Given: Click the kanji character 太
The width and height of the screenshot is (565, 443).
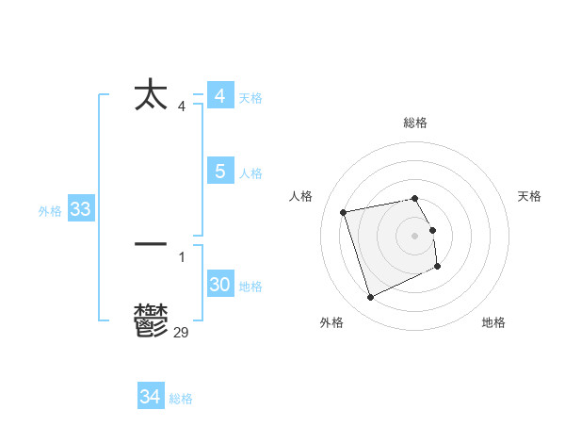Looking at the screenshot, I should point(151,96).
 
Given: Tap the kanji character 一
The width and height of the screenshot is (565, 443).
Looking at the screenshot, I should point(151,243).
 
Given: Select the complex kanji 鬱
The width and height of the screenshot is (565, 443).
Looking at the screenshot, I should point(151,320).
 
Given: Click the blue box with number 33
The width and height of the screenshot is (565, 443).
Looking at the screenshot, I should point(80,209).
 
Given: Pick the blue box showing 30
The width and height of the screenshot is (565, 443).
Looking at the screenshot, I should point(219,285).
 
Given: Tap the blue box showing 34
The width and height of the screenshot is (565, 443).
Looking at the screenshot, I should point(150,397).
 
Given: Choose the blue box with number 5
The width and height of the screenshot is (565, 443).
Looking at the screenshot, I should point(219,172).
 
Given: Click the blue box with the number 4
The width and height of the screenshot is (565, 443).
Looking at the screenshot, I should point(219,96).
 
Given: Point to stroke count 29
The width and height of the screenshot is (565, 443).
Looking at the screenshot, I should point(182,332).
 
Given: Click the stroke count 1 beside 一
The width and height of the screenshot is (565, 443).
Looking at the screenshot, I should point(182,256).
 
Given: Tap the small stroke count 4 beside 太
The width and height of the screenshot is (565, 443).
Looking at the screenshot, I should point(182,106).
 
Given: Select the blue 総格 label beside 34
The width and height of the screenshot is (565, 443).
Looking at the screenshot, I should point(181,399).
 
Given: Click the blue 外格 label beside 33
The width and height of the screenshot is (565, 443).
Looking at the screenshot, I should point(50,211).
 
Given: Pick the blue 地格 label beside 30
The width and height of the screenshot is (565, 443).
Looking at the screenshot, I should point(250,287).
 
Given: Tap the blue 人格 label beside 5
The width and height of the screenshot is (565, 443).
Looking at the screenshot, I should point(250,173).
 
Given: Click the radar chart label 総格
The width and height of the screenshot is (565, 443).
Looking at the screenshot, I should point(415,123).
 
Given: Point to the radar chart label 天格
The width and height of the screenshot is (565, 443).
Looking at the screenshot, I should point(529,196).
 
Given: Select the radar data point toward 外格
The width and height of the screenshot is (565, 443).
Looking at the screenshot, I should point(370,297).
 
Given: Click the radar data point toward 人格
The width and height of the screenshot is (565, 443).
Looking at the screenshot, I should point(344,211).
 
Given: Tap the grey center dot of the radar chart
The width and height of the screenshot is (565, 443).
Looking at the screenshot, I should point(415,235).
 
